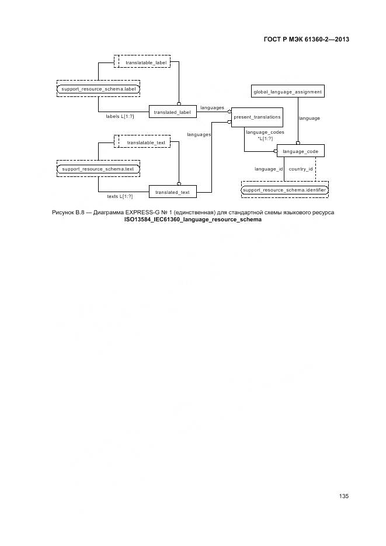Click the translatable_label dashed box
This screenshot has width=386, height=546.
point(142,62)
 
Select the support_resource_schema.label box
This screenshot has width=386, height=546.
point(98,89)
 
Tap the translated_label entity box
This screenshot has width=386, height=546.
point(172,112)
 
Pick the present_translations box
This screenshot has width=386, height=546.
point(257,117)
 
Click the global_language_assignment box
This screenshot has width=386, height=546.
point(287,92)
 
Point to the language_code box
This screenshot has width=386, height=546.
point(300,151)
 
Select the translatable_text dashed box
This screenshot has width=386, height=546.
point(142,142)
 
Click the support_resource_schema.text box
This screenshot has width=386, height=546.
point(98,169)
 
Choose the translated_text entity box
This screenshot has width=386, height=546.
point(172,192)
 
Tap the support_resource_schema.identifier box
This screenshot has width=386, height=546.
point(285,190)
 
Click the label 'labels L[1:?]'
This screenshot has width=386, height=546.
point(120,116)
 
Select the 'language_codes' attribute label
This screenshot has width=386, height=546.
point(265,133)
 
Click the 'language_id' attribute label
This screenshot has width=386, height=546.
point(269,169)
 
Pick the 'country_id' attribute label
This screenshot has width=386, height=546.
point(301,169)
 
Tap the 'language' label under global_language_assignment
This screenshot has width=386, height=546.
point(310,118)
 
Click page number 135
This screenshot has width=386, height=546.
point(343,496)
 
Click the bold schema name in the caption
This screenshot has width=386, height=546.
point(193,220)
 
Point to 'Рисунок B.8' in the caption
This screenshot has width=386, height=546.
point(69,213)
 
